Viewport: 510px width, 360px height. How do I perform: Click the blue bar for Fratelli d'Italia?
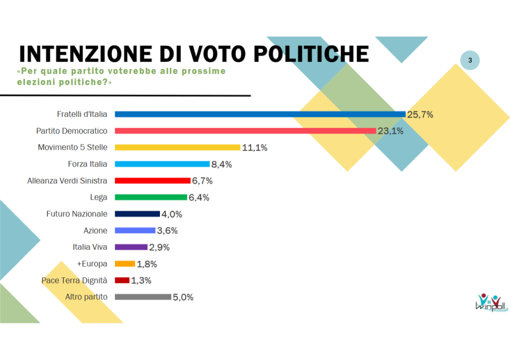click(x=260, y=114)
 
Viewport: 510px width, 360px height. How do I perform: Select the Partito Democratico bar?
click(x=245, y=130)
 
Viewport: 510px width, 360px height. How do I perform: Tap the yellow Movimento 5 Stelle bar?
click(x=178, y=147)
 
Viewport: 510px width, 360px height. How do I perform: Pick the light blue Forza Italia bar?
click(x=162, y=164)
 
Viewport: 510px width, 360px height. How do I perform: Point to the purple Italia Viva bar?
click(x=131, y=247)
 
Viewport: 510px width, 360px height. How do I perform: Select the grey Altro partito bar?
click(x=143, y=297)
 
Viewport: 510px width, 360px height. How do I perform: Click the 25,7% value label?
click(x=420, y=115)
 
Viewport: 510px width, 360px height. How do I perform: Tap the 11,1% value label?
click(x=255, y=147)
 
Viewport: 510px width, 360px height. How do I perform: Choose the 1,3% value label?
click(x=141, y=280)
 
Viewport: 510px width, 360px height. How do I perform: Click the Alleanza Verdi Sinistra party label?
click(x=67, y=181)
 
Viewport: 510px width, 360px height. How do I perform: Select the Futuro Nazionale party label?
click(x=77, y=214)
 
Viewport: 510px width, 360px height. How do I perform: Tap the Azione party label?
click(x=95, y=231)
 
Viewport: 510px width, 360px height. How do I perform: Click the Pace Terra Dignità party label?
click(x=74, y=280)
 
